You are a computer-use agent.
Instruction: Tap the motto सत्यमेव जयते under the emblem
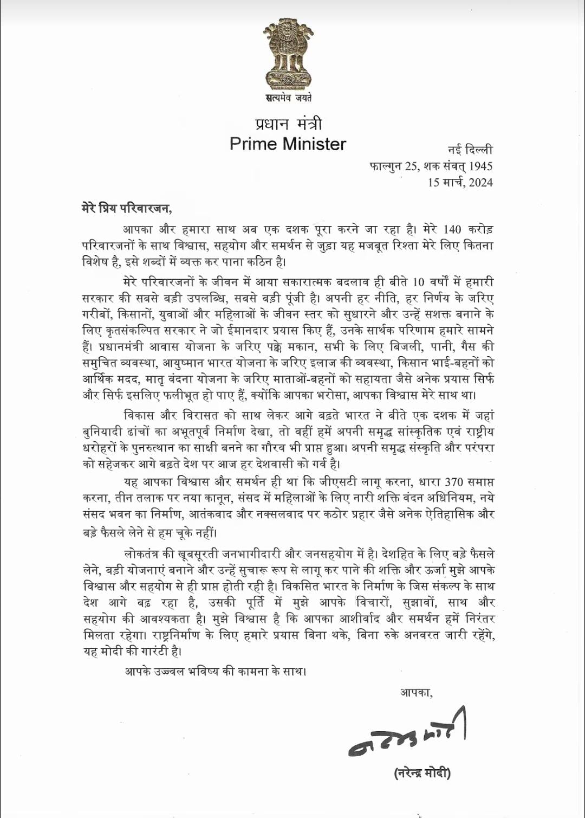point(288,98)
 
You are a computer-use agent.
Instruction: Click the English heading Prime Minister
point(288,144)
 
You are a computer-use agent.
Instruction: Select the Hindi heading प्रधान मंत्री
point(288,124)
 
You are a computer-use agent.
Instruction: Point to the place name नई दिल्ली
point(470,150)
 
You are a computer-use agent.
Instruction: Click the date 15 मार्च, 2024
point(460,182)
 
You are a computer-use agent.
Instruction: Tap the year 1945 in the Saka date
point(480,166)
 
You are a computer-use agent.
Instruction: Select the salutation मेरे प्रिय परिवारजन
point(126,208)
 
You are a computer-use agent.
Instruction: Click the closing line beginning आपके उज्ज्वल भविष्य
point(216,671)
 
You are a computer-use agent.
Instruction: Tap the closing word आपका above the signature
point(415,692)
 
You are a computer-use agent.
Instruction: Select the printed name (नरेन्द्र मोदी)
point(422,773)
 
